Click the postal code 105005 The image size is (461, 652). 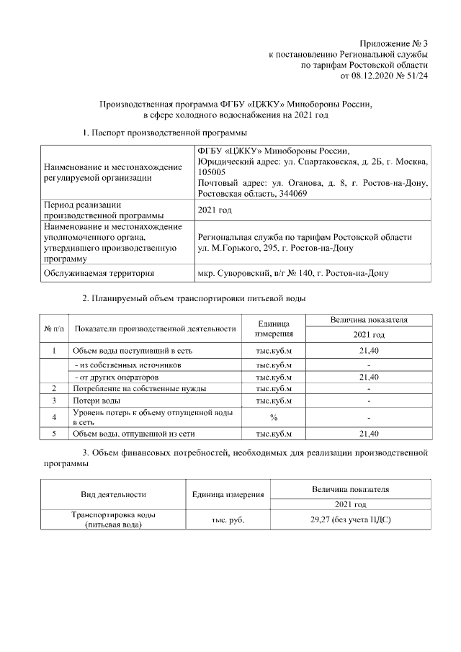click(x=211, y=172)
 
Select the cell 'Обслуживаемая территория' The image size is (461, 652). click(x=98, y=274)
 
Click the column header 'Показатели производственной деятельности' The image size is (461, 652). click(x=155, y=329)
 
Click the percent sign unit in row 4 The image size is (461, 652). click(x=274, y=417)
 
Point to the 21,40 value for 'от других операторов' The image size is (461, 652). click(x=369, y=377)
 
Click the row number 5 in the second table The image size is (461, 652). click(x=55, y=434)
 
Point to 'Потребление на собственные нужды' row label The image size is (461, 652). click(x=140, y=388)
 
